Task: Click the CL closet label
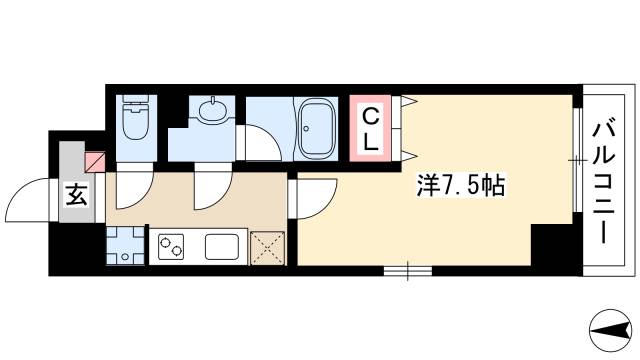click(x=369, y=127)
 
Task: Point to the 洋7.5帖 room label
click(x=459, y=184)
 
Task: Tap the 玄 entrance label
click(x=76, y=196)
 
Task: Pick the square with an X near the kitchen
click(x=267, y=245)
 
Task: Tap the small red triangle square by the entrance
click(x=96, y=159)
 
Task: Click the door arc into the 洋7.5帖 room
click(x=312, y=201)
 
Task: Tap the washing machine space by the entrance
click(x=125, y=245)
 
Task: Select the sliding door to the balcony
click(x=578, y=160)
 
